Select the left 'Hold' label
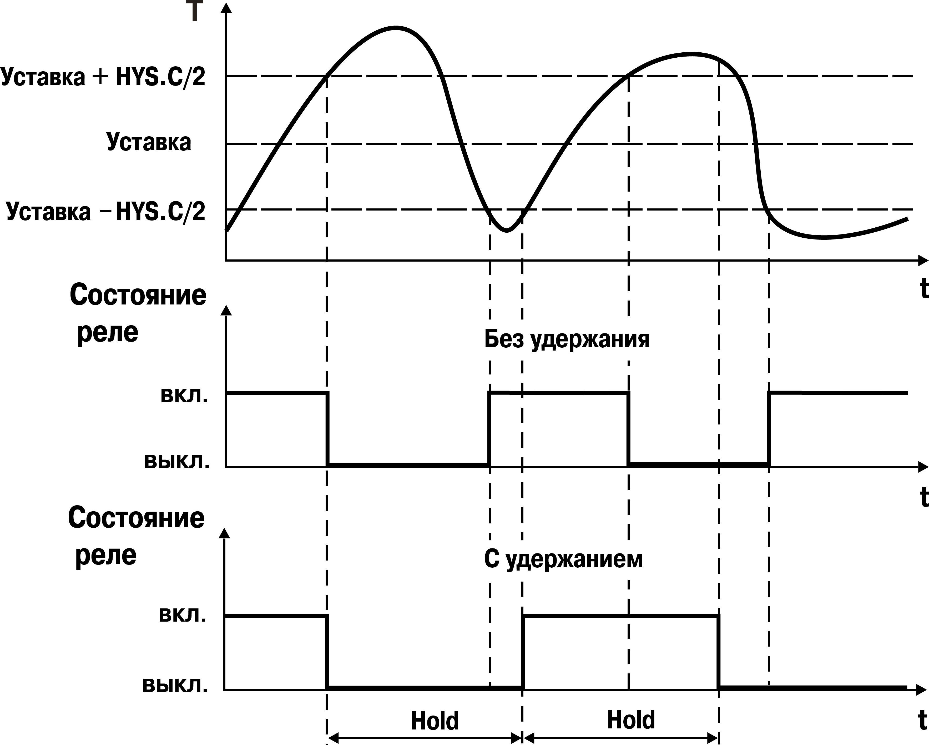[x=435, y=685]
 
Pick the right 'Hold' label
[x=631, y=684]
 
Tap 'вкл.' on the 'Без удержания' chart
[x=184, y=395]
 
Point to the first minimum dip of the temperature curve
[x=507, y=230]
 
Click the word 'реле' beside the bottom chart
[x=106, y=556]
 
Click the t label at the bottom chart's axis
[x=922, y=720]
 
